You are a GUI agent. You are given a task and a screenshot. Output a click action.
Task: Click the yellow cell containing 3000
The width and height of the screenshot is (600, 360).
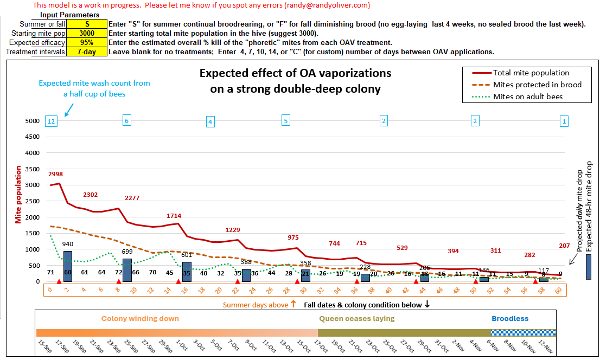[x=87, y=34]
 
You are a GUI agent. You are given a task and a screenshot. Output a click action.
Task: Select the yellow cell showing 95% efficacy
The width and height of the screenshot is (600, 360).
[x=87, y=43]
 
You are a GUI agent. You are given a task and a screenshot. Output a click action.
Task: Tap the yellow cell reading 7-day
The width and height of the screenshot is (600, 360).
[x=87, y=52]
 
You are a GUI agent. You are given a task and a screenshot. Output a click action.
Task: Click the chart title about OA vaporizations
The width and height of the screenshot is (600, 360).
[x=295, y=81]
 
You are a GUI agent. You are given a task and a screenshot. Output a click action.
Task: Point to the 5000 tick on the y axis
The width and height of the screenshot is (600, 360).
[x=32, y=121]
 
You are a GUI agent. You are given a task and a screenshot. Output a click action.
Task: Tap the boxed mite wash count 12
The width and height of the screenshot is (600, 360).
[x=52, y=121]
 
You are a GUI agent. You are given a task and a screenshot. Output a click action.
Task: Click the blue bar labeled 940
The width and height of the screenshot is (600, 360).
[x=68, y=266]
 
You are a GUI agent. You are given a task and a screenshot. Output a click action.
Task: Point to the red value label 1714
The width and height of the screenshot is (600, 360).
[x=175, y=216]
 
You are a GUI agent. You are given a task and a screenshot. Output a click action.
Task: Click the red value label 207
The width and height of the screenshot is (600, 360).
[x=564, y=246]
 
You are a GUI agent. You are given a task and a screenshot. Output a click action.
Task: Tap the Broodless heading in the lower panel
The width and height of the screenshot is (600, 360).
[x=510, y=319]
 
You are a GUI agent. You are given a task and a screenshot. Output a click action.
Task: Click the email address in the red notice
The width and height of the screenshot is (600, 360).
[x=327, y=5]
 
